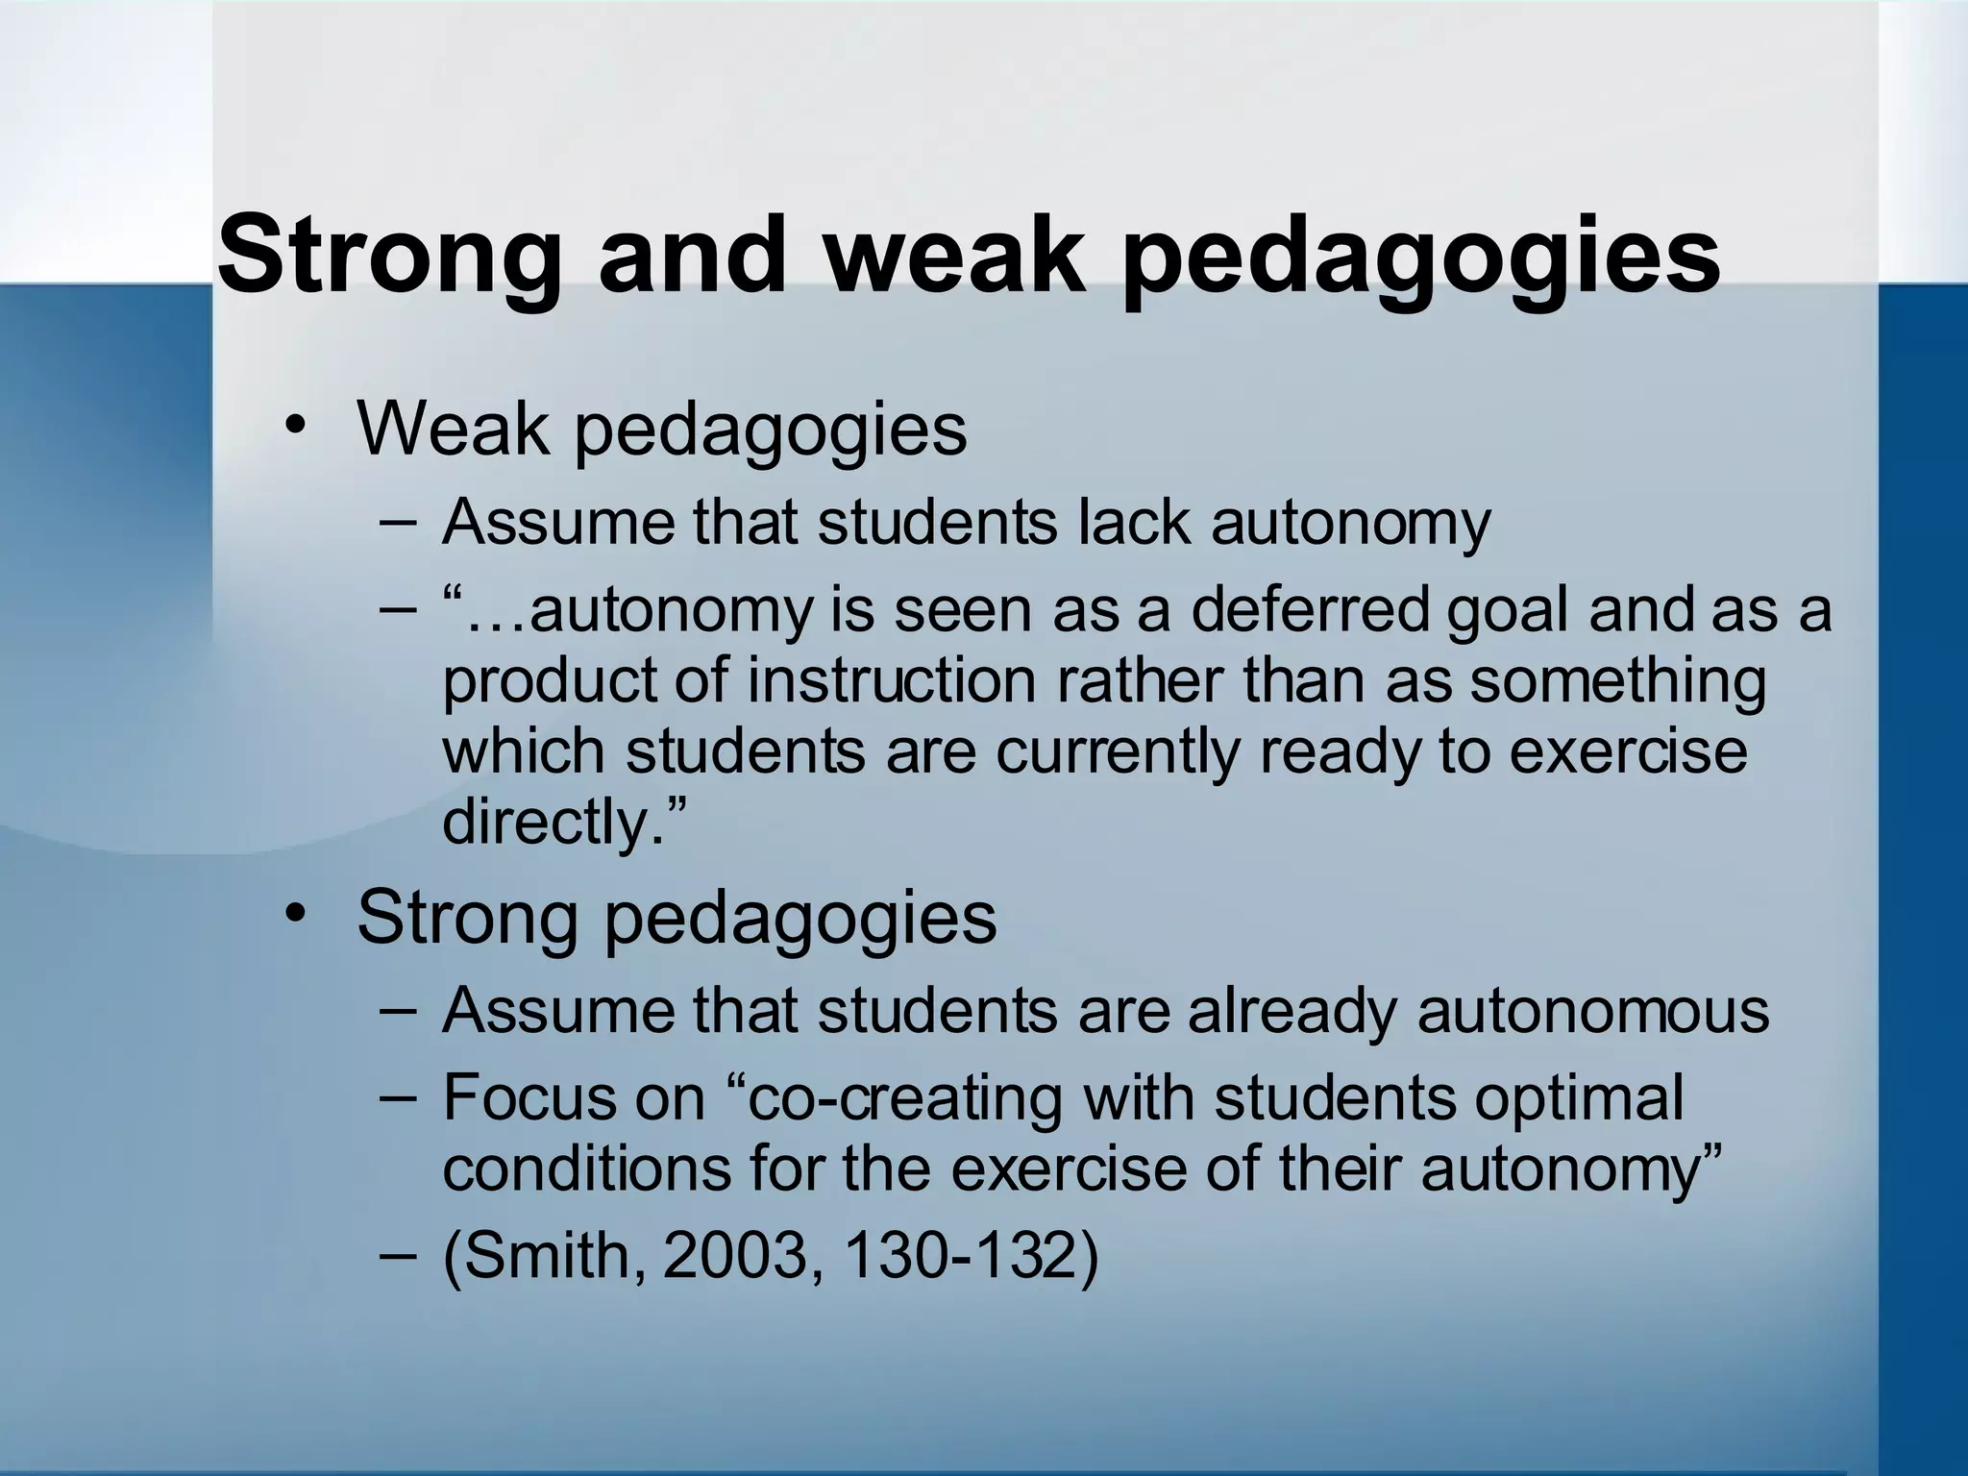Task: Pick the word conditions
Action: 587,1168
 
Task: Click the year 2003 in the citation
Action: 734,1257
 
